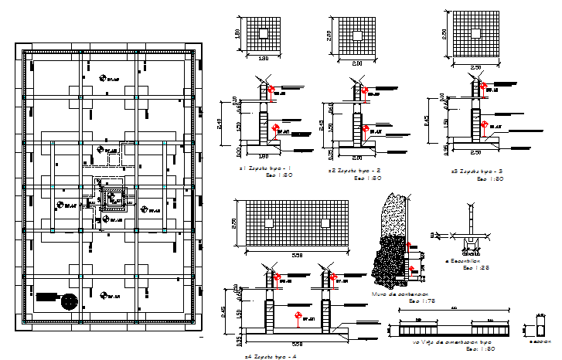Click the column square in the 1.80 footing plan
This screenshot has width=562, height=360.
click(x=263, y=33)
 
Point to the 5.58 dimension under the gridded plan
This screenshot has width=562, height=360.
click(x=298, y=255)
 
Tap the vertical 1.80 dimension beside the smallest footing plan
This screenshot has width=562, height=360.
click(x=240, y=34)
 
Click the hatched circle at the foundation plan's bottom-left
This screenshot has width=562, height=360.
click(x=70, y=301)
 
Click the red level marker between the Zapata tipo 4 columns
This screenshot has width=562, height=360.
click(x=297, y=315)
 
